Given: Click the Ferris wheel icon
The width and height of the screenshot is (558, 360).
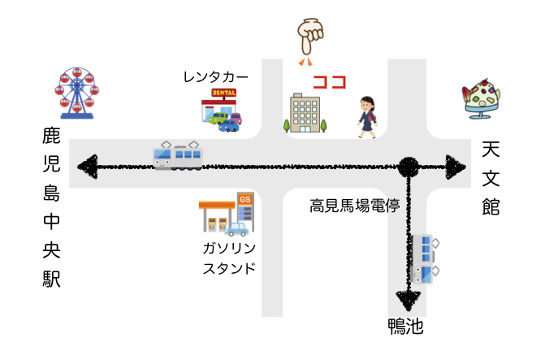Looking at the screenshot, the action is pos(76,93).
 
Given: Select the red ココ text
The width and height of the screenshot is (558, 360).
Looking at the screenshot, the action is pos(330,82).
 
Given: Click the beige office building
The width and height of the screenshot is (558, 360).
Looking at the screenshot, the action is pos(305,113).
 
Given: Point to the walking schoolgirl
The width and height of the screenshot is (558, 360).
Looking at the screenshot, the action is pos(367,117).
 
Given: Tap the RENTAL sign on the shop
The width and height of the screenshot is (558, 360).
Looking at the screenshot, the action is pos(224,93).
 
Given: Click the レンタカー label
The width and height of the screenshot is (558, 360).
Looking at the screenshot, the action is pos(216,77).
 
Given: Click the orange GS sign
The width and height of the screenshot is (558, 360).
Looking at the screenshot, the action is pos(244,199).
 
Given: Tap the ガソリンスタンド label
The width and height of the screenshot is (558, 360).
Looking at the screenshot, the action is pos(229,258).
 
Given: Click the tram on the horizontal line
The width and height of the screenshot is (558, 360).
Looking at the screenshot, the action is pos(178,155).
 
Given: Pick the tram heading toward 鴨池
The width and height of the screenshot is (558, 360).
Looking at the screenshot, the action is pos(425,259).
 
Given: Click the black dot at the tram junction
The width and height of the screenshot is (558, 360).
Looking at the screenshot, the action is pos(409,167).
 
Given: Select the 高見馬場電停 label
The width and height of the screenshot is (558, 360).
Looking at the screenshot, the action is pos(354,206).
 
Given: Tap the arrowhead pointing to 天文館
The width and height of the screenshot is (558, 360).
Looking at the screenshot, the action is pos(456,167).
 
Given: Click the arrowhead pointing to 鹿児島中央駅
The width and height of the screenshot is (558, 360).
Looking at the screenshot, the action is pos(88,167).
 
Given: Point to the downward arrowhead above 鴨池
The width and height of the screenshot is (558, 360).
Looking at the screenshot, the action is pos(409,301).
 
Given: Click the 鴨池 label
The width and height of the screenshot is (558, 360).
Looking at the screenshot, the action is pos(405,326).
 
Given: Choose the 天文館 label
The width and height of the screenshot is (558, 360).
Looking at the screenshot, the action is pos(491,178).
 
